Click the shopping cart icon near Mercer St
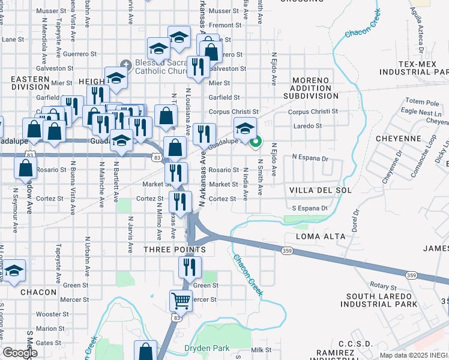[x=181, y=300]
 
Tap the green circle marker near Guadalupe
[x=256, y=142]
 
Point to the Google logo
[x=19, y=353]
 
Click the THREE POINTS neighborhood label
[x=175, y=249]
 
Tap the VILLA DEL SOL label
[x=312, y=190]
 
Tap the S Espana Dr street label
[x=310, y=208]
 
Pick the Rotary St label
[x=384, y=287]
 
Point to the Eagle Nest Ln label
[x=424, y=112]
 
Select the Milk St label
[x=262, y=350]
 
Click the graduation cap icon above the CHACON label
[x=14, y=271]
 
